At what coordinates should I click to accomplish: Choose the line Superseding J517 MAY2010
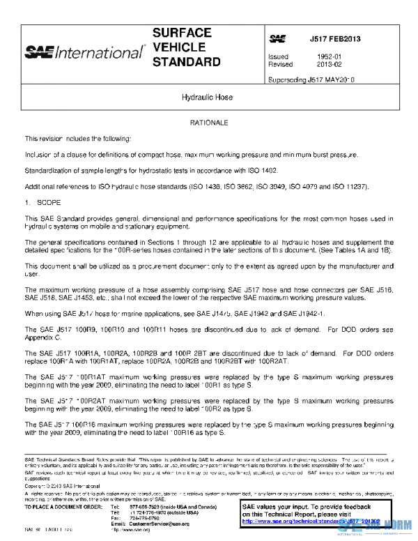(311, 80)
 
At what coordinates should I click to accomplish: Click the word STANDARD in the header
(186, 62)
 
